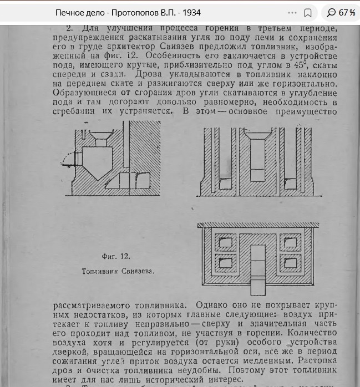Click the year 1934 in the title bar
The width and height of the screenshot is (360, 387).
click(190, 12)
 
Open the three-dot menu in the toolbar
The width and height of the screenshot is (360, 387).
click(292, 12)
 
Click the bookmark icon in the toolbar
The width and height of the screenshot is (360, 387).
click(308, 12)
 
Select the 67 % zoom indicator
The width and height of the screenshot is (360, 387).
click(341, 12)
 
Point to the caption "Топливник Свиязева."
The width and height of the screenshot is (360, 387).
click(117, 272)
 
